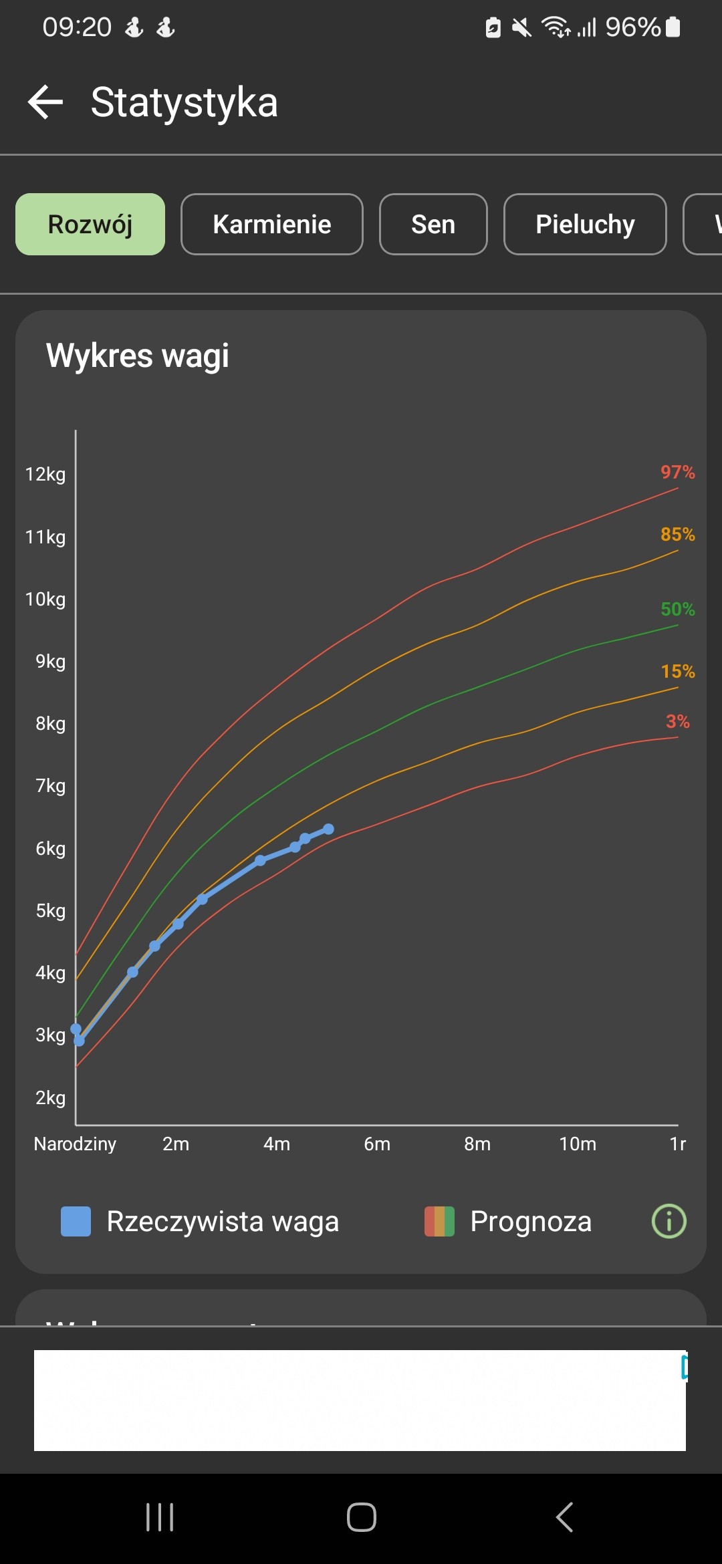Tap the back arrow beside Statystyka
pos(45,102)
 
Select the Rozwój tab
pos(90,225)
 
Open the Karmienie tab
pos(271,225)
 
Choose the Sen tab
pos(433,225)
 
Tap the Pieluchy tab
pos(585,225)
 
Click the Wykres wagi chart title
pos(138,356)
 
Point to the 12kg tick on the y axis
pos(45,475)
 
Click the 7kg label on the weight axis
pos(50,786)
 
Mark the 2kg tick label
pos(50,1097)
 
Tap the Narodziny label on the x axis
pos(75,1144)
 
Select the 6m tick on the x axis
pos(377,1144)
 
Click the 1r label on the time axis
pos(677,1144)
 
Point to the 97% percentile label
pos(677,473)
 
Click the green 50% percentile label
pos(677,610)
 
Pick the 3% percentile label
pos(677,722)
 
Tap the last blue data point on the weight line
pos(328,829)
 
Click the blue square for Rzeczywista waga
pos(76,1221)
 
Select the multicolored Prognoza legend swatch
pos(439,1221)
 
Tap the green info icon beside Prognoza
pos(669,1221)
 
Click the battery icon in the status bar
pos(673,27)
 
